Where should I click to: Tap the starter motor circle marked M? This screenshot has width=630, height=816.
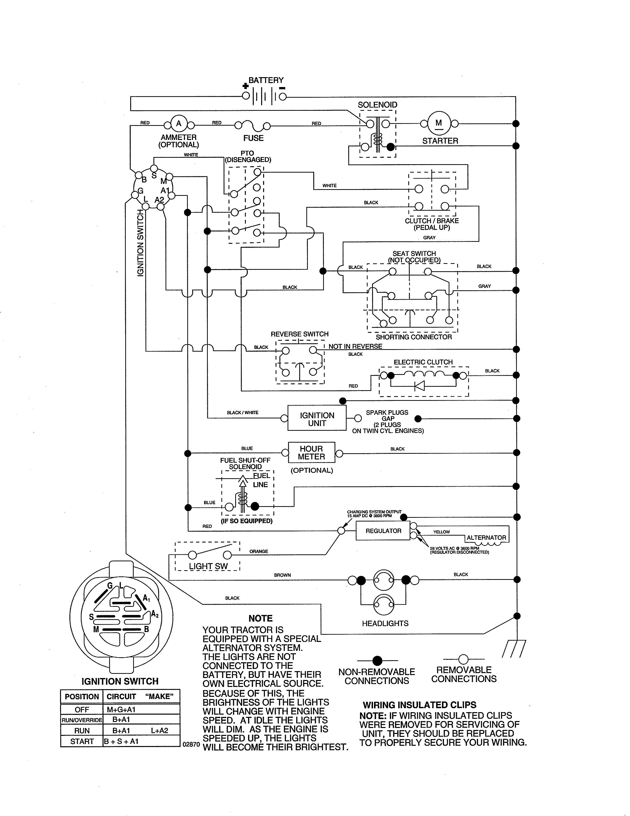point(439,123)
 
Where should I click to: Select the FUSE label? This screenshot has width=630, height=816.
point(253,138)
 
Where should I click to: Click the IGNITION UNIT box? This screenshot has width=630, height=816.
point(317,419)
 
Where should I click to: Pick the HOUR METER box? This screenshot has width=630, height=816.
point(311,453)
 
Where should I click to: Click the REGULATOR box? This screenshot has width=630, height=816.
point(383,531)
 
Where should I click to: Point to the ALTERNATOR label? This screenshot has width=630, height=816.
point(486,538)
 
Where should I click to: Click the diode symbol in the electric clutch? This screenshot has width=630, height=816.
point(420,385)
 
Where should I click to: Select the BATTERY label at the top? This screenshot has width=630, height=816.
point(266,80)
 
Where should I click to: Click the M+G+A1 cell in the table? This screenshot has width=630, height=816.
point(124,709)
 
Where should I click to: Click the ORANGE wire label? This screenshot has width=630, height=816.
point(259,551)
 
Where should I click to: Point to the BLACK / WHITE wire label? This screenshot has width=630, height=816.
point(243,412)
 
